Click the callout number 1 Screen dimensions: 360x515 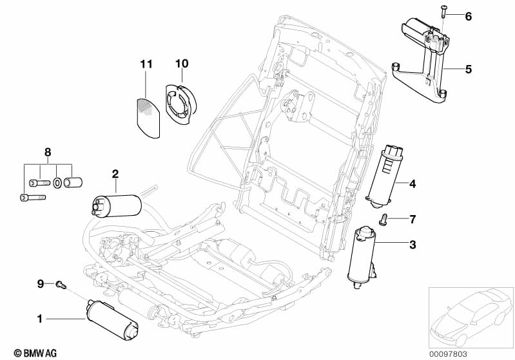coord(39,317)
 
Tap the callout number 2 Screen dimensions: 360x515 coord(115,173)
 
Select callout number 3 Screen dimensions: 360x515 coord(413,244)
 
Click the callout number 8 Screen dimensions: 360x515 coord(47,153)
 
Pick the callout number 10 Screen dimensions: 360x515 coord(181,64)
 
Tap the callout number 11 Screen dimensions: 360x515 coord(146,64)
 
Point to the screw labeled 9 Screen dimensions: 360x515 coord(61,283)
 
